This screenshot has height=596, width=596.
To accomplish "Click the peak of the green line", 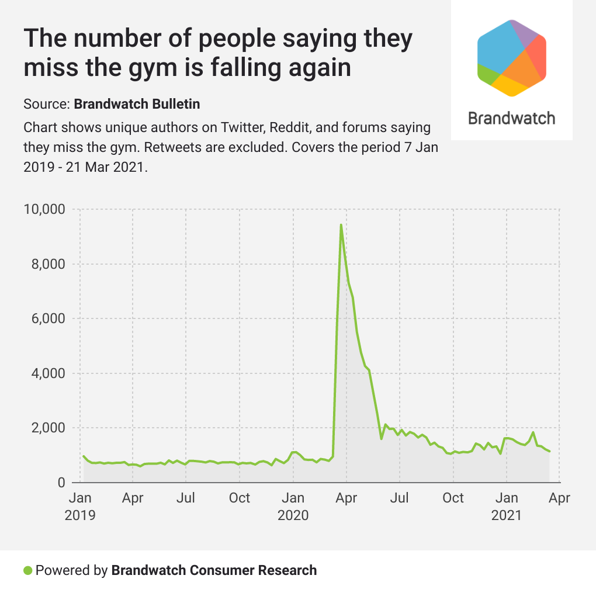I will click(x=341, y=225).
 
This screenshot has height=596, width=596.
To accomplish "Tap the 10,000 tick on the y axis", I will click(x=44, y=209).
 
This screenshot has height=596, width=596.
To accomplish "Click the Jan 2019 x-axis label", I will click(x=79, y=507).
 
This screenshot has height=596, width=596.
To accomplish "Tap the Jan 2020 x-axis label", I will click(x=293, y=507).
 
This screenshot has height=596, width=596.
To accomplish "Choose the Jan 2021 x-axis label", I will click(x=507, y=507).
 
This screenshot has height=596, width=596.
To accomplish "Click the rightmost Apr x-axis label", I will click(x=559, y=498).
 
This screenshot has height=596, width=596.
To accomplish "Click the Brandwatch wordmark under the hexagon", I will click(x=512, y=119).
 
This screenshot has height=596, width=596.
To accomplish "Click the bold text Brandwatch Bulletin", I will click(x=137, y=105).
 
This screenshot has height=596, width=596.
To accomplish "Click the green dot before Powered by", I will click(x=27, y=570).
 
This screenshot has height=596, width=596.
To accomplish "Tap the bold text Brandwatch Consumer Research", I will click(x=214, y=570).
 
